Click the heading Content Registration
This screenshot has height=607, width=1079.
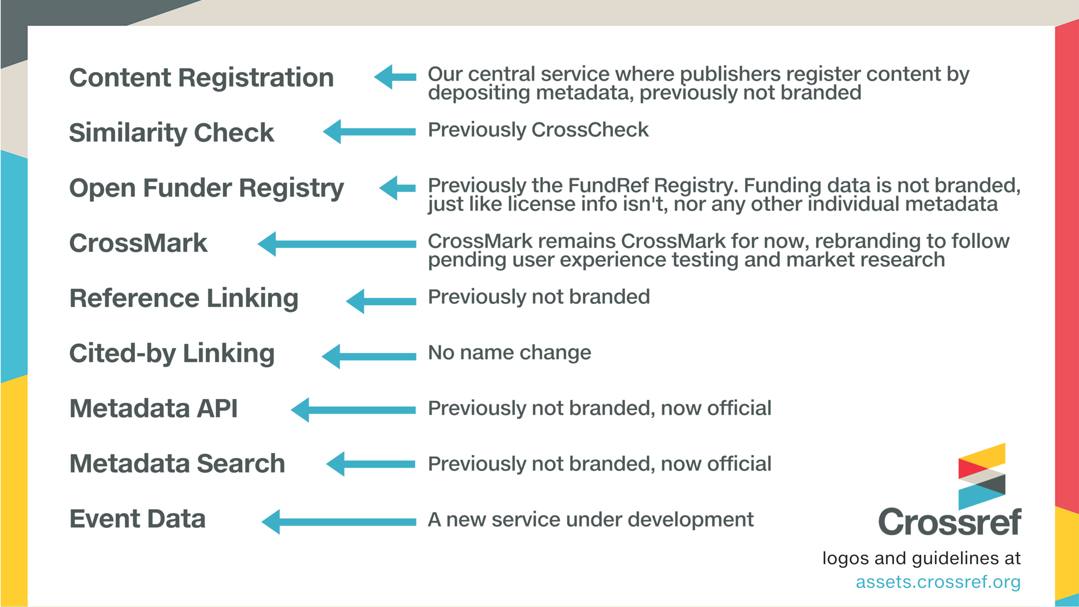pos(201,78)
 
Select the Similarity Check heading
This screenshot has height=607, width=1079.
pos(171,133)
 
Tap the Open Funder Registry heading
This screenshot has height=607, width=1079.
pos(206,188)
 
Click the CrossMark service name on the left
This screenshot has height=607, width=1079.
pos(138,243)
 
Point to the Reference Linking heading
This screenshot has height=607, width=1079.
pos(184,298)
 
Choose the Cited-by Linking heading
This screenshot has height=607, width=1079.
pos(171,353)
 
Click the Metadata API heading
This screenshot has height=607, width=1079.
pos(153,408)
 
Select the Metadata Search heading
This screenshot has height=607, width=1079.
pos(177,463)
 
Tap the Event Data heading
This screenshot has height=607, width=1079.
pos(137,518)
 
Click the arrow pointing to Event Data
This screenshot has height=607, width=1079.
pos(338,522)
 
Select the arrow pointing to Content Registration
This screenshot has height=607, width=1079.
pos(395,77)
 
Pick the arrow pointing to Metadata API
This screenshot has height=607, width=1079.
pos(353,410)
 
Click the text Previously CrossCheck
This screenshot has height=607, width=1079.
pos(538,130)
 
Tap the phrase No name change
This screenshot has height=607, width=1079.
pos(509,352)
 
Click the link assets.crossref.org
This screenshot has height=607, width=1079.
pos(937,582)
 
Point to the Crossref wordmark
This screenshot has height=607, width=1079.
pos(949,522)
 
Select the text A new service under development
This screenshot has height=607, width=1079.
pos(590,519)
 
